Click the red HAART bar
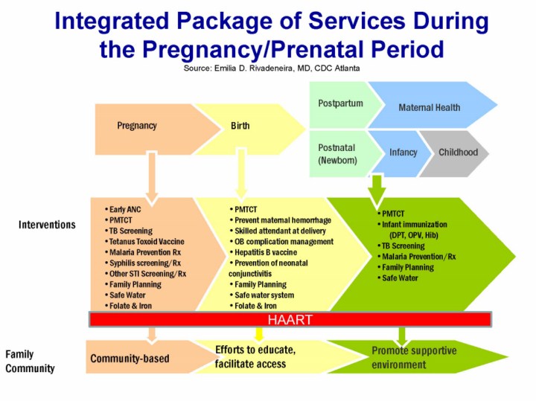(290, 319)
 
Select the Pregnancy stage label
(137, 126)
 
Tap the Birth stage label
(240, 126)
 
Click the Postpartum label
(340, 103)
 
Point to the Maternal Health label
(430, 108)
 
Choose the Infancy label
(403, 153)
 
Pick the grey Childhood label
(458, 153)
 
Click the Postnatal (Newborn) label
(337, 154)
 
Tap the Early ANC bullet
(123, 209)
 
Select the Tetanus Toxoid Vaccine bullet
(144, 242)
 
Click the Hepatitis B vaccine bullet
(264, 252)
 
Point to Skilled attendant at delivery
(278, 231)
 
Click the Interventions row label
(47, 225)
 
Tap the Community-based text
(130, 359)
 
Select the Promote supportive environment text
(414, 358)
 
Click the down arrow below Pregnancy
(152, 178)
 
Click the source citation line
(272, 68)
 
